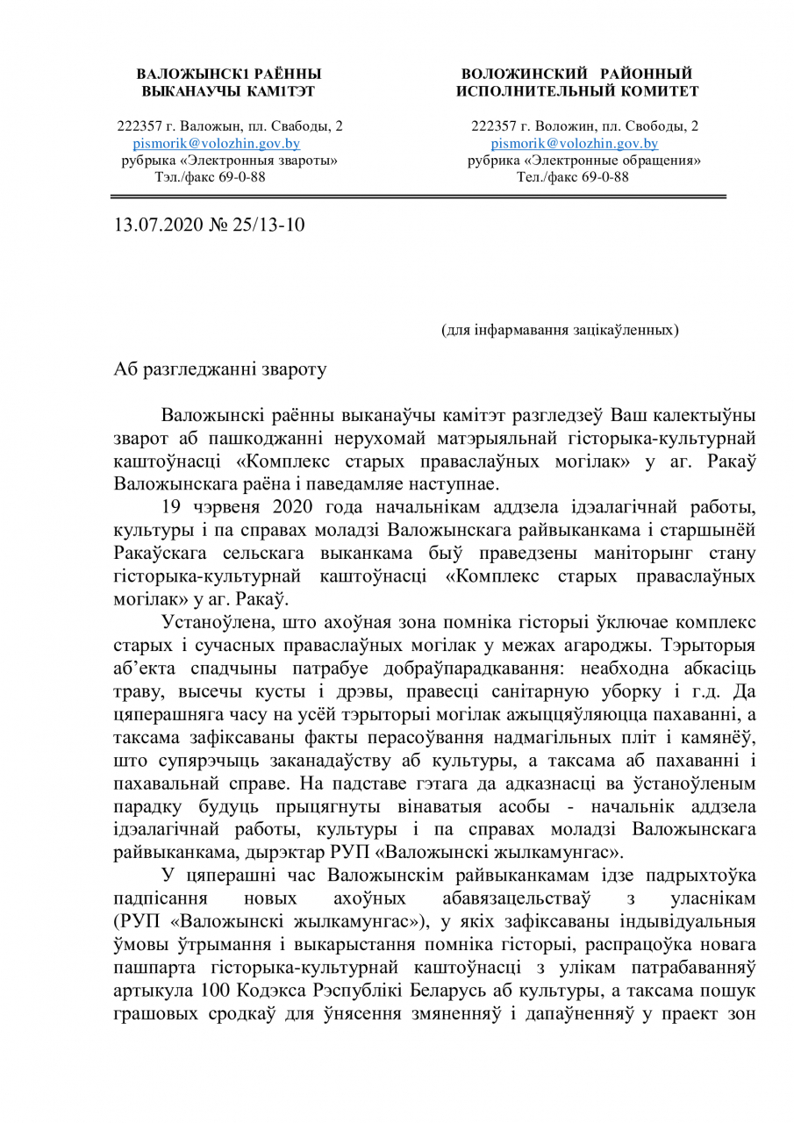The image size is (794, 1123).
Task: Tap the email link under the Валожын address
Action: tap(216, 144)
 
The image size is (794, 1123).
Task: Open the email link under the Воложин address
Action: tap(574, 144)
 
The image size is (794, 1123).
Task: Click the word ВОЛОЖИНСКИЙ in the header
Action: tap(516, 74)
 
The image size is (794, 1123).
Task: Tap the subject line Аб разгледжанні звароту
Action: tap(220, 368)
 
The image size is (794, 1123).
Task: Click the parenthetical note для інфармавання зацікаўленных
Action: tap(559, 330)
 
